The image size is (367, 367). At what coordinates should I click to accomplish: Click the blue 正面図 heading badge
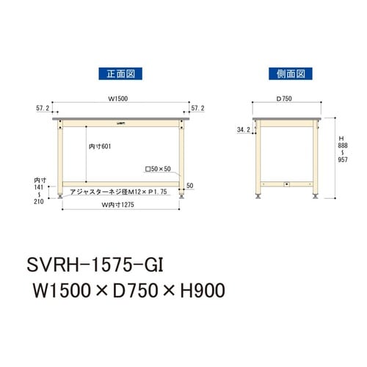click(120, 73)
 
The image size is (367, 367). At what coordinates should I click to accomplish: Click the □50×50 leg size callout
click(157, 170)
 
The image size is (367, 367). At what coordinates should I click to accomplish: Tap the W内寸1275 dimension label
click(119, 203)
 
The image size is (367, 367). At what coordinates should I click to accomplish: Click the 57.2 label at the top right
click(196, 107)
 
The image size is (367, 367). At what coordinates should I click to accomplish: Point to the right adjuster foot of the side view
click(316, 196)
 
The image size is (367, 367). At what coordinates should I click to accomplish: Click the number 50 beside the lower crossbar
click(189, 185)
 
